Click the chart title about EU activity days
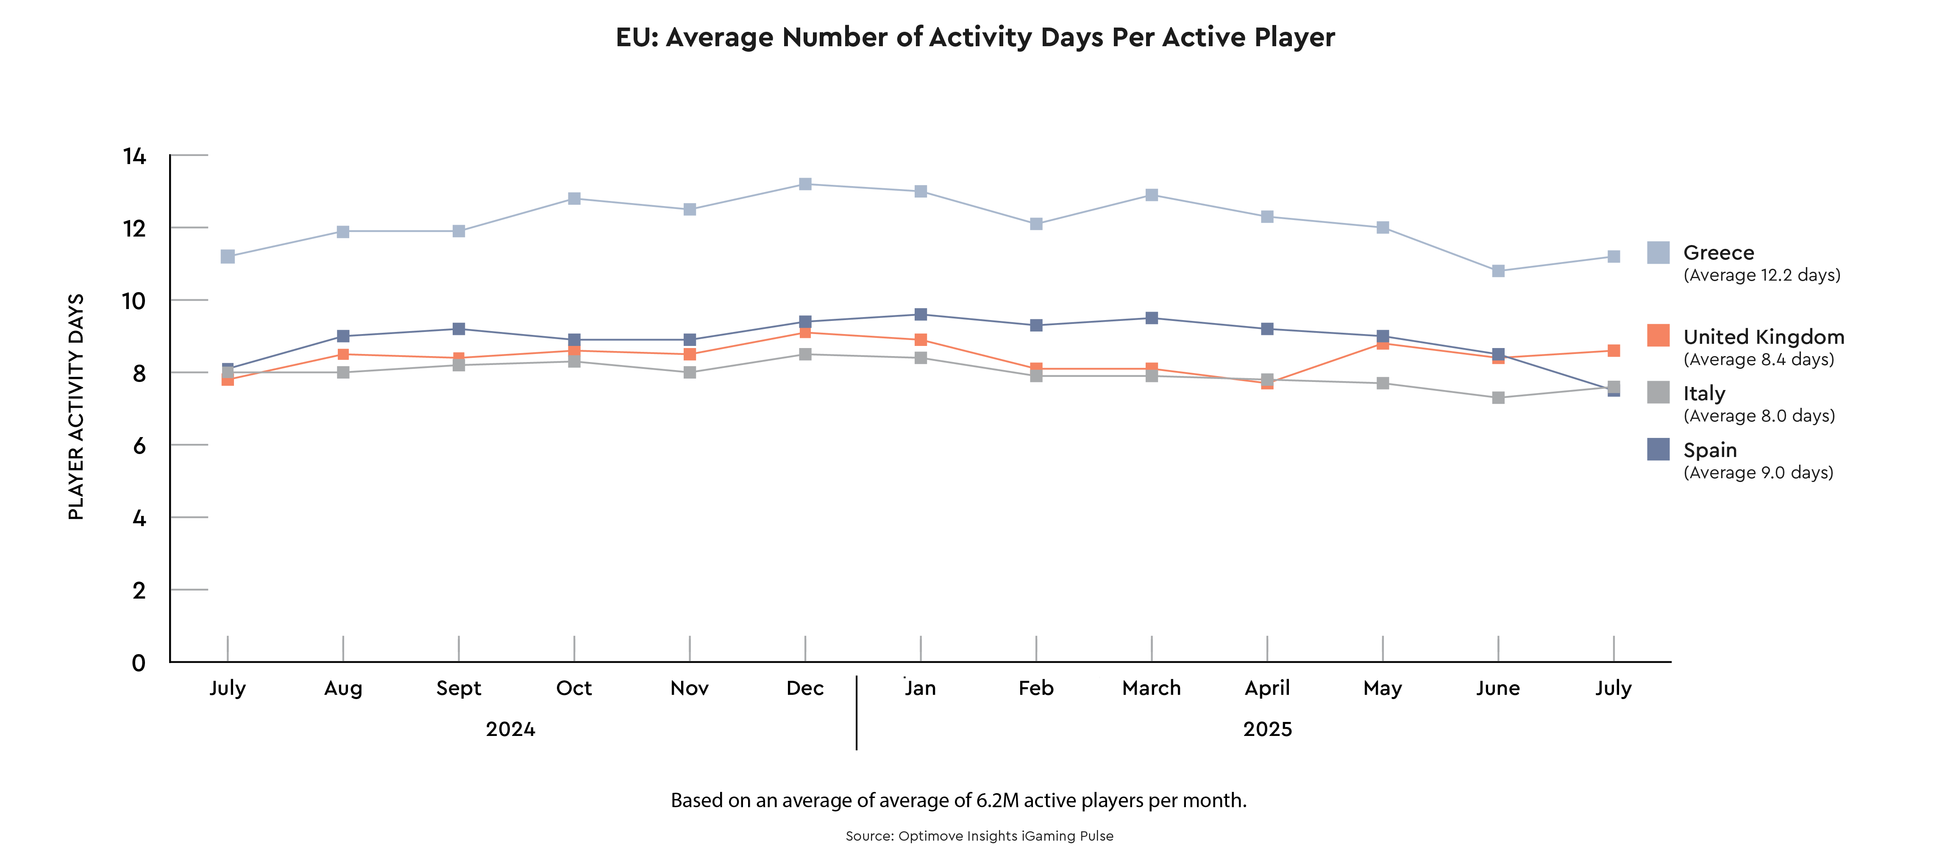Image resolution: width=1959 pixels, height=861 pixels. coord(975,37)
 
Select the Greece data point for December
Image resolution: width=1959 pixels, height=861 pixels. coord(805,184)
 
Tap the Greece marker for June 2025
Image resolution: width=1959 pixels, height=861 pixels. coord(1498,271)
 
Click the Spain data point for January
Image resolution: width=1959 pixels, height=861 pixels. coord(921,314)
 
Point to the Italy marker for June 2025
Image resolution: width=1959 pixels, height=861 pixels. coord(1498,398)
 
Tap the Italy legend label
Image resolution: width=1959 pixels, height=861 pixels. coord(1704,393)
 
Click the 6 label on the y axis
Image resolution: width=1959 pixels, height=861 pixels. coord(139,446)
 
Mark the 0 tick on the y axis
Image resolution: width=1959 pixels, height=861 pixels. coord(139,663)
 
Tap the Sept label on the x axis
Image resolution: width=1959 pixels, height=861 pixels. coord(459,688)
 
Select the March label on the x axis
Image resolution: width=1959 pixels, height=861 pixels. coord(1152,688)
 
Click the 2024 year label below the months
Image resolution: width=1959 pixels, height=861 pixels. coord(510,730)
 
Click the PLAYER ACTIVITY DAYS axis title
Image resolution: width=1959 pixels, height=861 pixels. coord(76,407)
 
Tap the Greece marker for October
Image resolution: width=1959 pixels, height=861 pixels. coord(574,198)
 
